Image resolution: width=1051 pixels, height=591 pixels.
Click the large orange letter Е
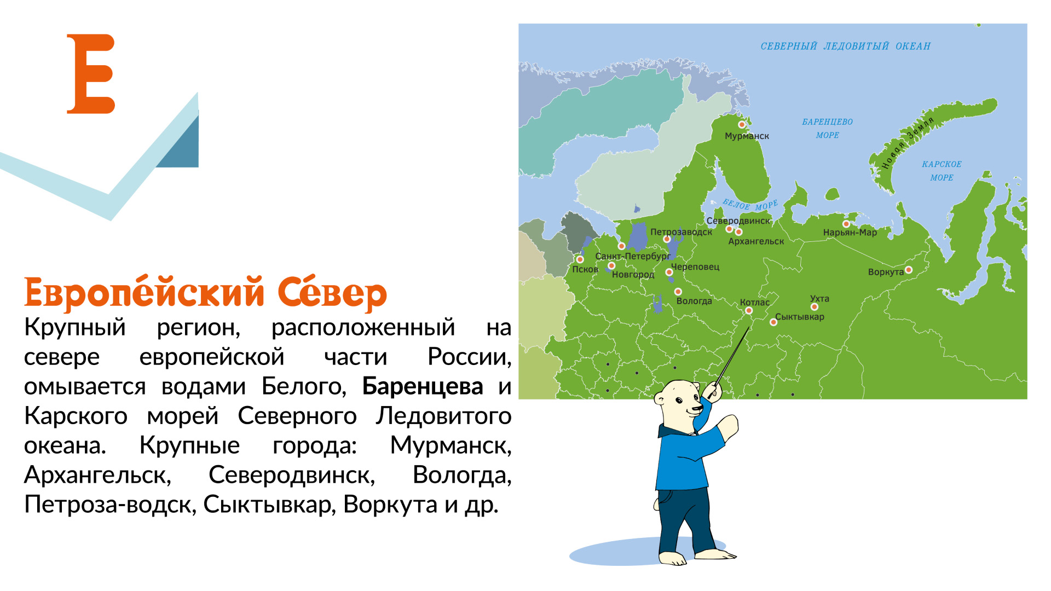coord(91,74)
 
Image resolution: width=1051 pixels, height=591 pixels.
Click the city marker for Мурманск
coord(742,125)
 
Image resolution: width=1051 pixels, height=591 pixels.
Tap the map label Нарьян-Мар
coord(850,233)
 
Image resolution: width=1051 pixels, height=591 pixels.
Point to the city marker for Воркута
coord(909,270)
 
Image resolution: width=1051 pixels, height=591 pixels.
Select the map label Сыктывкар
coord(800,317)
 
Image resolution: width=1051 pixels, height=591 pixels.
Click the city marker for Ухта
coord(815,306)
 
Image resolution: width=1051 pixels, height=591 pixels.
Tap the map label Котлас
coord(754,302)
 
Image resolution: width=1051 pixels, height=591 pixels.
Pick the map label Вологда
coord(694,301)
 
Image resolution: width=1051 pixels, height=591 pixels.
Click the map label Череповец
coord(695,267)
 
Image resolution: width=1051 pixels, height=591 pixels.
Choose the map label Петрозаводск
coord(681,232)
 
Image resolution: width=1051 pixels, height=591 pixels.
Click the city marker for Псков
coord(580,259)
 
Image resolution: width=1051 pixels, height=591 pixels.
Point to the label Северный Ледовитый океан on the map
coord(846,47)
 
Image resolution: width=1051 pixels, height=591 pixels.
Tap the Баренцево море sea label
coord(827,129)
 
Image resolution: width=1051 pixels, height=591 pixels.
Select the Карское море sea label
coord(942,171)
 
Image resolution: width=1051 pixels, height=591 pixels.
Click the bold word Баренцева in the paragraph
coord(423,386)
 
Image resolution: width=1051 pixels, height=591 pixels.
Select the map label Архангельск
coord(756,241)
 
